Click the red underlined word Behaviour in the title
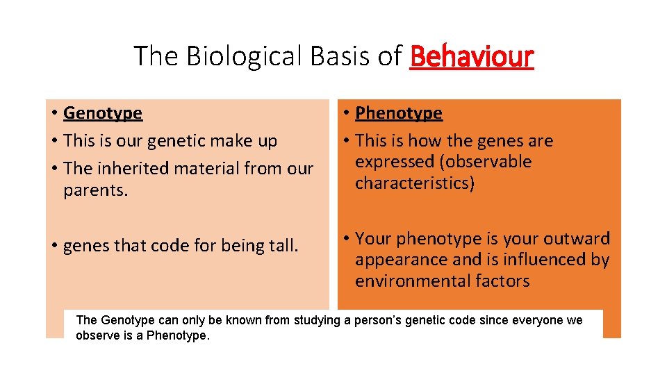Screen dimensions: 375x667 tap(472, 56)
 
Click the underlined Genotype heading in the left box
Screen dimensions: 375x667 tap(102, 113)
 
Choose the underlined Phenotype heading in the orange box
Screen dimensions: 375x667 tap(398, 113)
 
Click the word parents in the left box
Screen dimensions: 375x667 tap(95, 190)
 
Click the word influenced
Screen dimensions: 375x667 tap(534, 260)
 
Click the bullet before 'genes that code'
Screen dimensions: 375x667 tap(53, 246)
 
